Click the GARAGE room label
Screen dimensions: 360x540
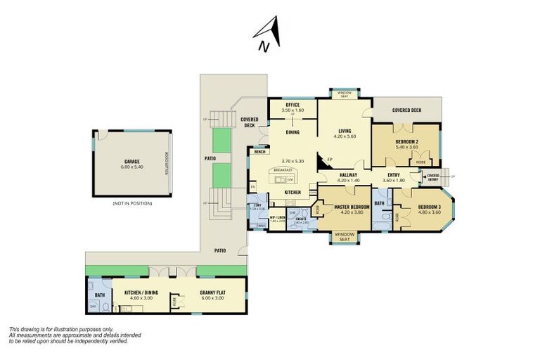point(132,160)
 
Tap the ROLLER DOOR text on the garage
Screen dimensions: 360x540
point(167,166)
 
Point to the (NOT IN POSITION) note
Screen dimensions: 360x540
point(132,203)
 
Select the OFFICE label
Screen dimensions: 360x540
point(292,105)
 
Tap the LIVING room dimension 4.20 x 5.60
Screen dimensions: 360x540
point(345,136)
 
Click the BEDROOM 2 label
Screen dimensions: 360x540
point(406,141)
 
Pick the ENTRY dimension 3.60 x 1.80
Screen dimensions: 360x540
point(393,181)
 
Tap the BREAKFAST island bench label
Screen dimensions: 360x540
point(283,170)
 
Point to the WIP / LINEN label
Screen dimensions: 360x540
point(276,218)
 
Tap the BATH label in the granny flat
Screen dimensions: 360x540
point(99,295)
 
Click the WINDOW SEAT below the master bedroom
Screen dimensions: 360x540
point(345,236)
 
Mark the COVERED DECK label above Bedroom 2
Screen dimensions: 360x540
point(406,110)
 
